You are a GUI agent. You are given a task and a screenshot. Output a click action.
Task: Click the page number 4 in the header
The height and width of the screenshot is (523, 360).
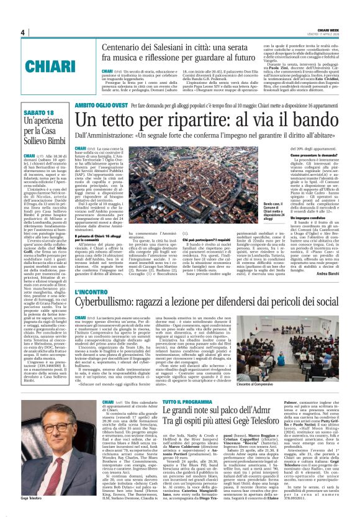click(x=22, y=32)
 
